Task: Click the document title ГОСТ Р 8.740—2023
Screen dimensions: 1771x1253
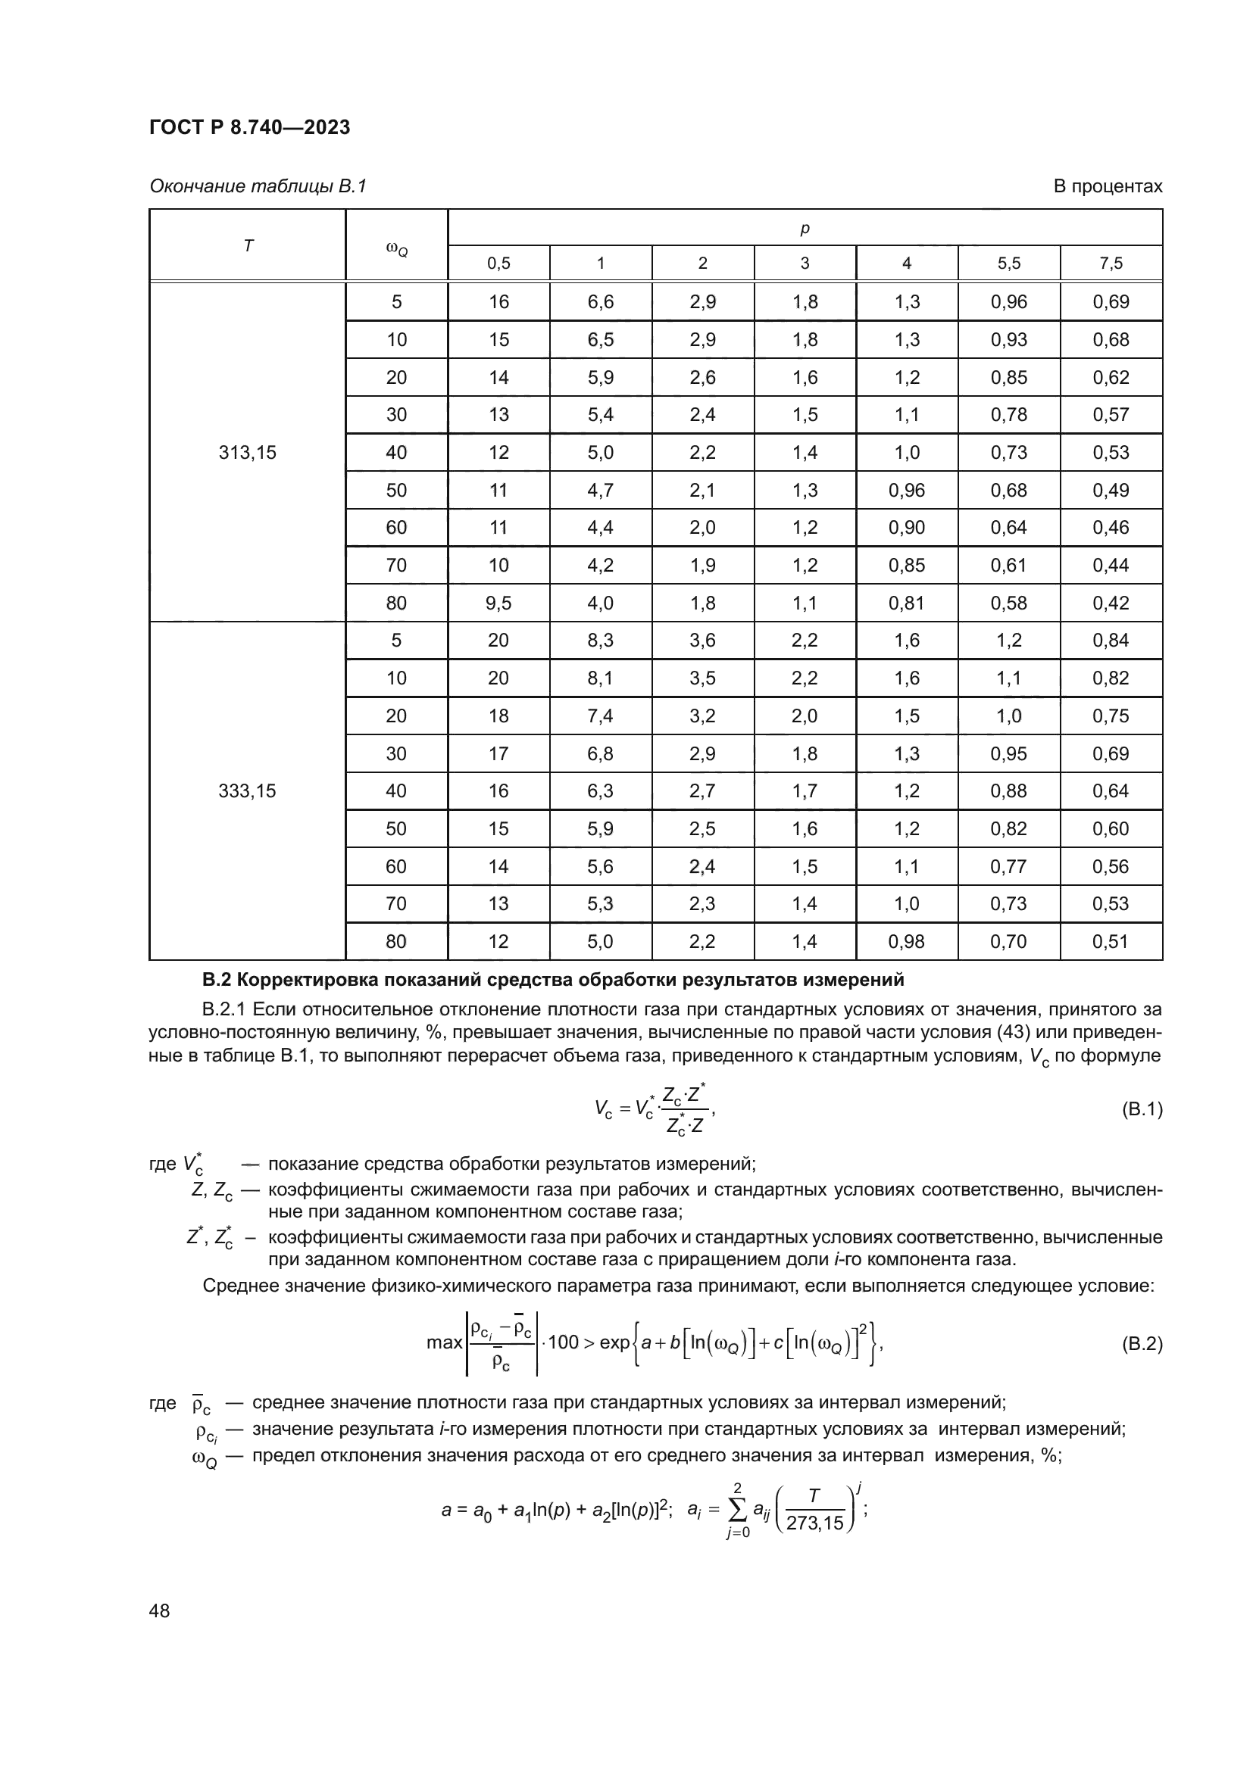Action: pyautogui.click(x=249, y=127)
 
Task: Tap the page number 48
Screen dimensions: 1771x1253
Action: pyautogui.click(x=160, y=1610)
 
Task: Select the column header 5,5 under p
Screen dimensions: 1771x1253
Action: pyautogui.click(x=1008, y=263)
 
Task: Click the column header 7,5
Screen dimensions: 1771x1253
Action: pyautogui.click(x=1111, y=263)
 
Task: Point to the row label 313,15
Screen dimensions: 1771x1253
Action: pyautogui.click(x=247, y=453)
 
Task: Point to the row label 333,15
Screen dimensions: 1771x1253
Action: pyautogui.click(x=247, y=790)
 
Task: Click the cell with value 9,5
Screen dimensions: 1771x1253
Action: pyautogui.click(x=498, y=603)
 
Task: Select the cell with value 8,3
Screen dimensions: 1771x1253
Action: pyautogui.click(x=600, y=641)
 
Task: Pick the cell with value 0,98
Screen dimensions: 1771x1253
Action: pyautogui.click(x=907, y=941)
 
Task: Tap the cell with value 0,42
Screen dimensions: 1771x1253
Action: pyautogui.click(x=1111, y=603)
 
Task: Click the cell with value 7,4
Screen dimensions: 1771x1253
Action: pyautogui.click(x=600, y=716)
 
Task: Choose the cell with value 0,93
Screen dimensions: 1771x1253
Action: pyautogui.click(x=1008, y=339)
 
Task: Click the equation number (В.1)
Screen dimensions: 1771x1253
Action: pyautogui.click(x=1140, y=1110)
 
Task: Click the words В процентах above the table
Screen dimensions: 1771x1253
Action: pyautogui.click(x=1108, y=187)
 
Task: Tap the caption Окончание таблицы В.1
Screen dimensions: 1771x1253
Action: pyautogui.click(x=258, y=187)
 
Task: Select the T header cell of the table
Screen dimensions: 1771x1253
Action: pyautogui.click(x=248, y=246)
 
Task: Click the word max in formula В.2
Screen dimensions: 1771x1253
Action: pyautogui.click(x=444, y=1343)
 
